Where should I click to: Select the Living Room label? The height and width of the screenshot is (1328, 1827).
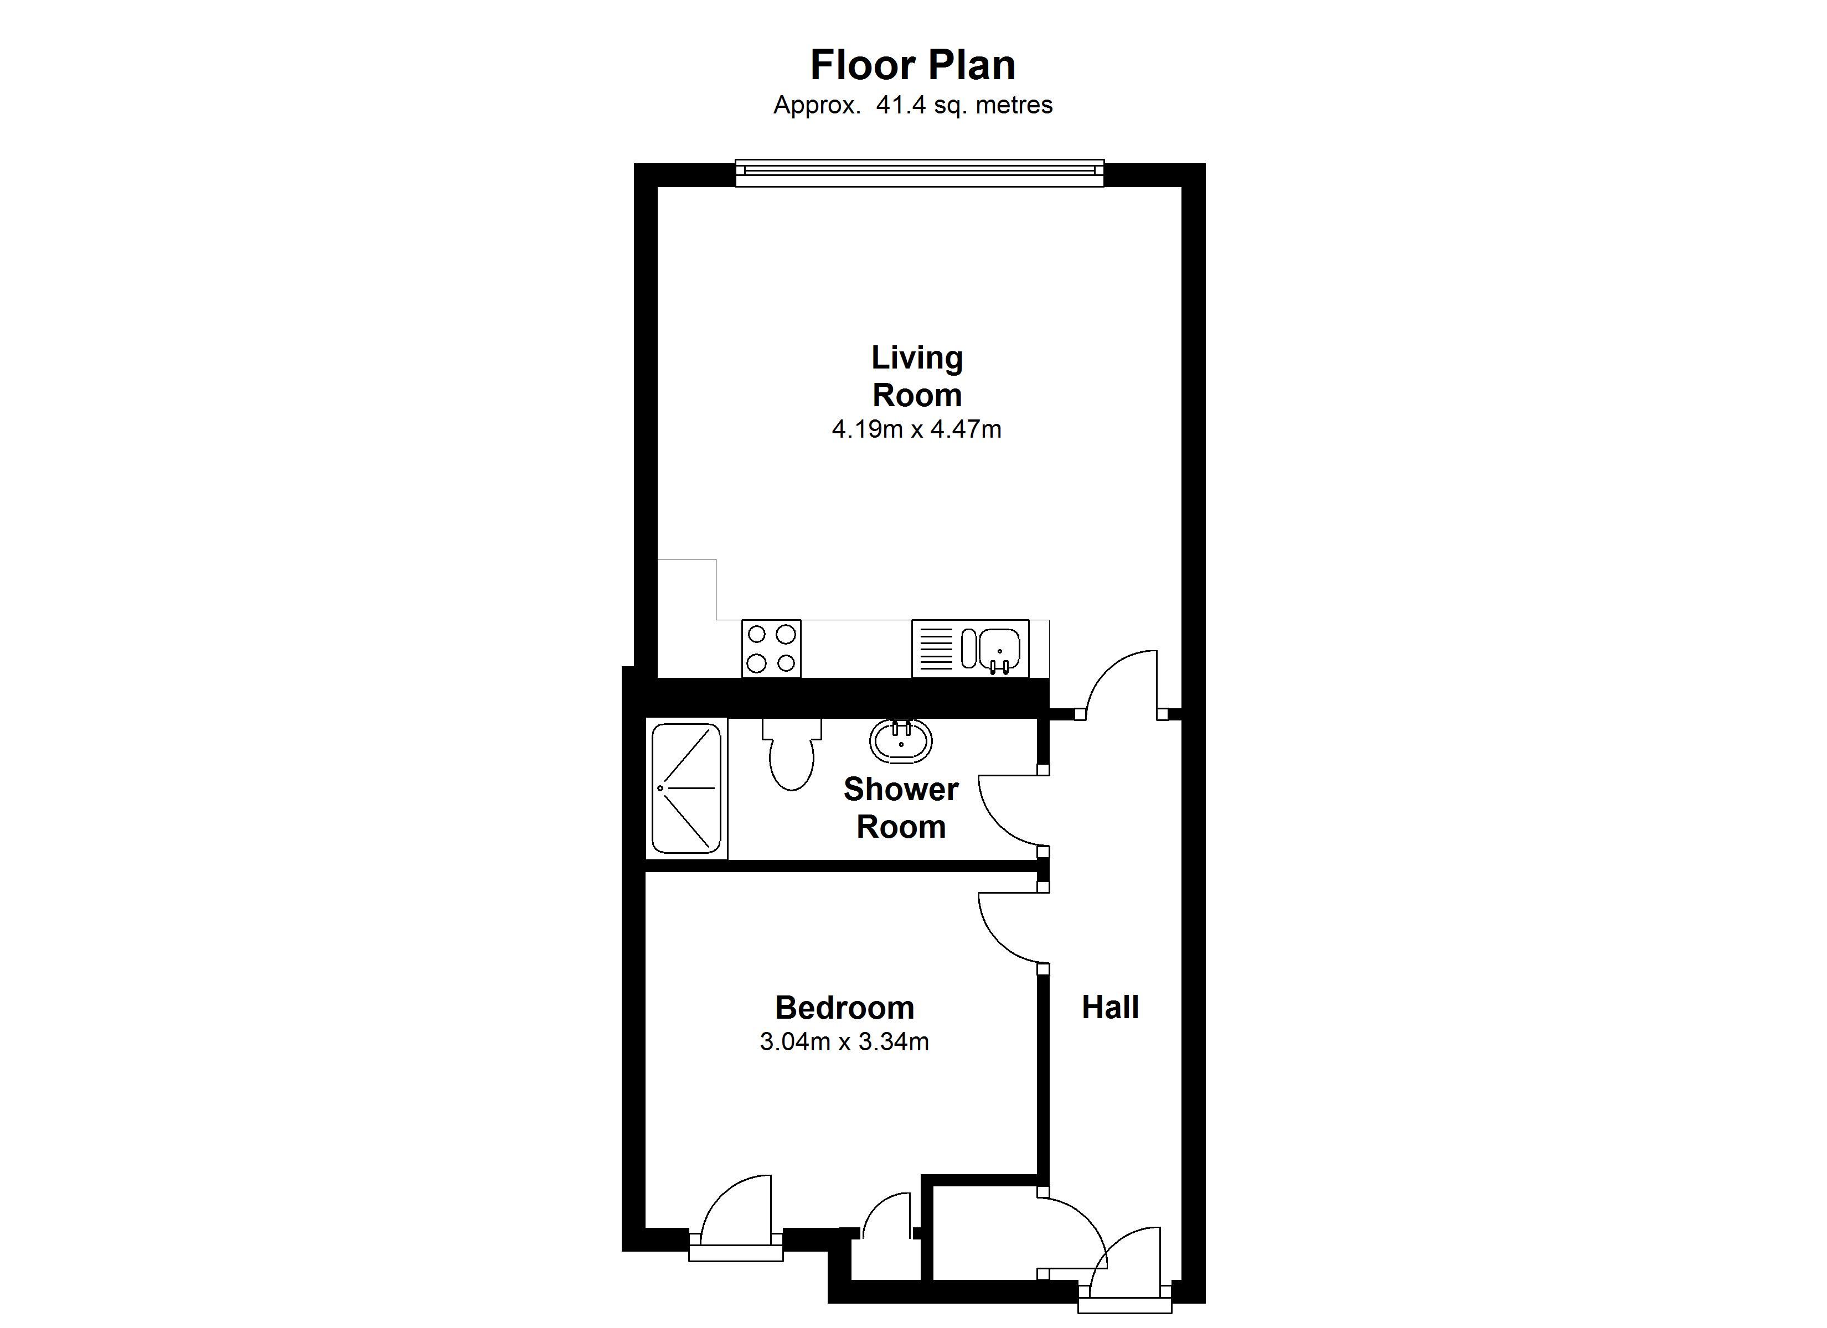coord(917,376)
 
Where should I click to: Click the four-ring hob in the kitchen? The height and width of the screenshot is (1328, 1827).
coord(771,649)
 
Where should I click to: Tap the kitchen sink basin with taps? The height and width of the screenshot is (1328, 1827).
coord(999,649)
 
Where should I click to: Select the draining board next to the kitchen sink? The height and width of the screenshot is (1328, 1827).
coord(935,649)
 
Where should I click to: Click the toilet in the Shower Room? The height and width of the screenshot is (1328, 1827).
coord(791,757)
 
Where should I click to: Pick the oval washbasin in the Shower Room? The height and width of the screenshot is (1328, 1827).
coord(901,741)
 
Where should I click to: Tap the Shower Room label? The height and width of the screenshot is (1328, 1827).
coord(901,808)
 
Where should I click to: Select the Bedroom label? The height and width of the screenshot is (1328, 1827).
coord(844,1008)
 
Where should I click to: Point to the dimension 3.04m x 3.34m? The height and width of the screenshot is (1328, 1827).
coord(844,1042)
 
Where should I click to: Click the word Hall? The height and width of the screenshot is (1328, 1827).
coord(1110,1008)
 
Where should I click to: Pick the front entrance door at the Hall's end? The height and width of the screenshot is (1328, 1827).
coord(1128,1265)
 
